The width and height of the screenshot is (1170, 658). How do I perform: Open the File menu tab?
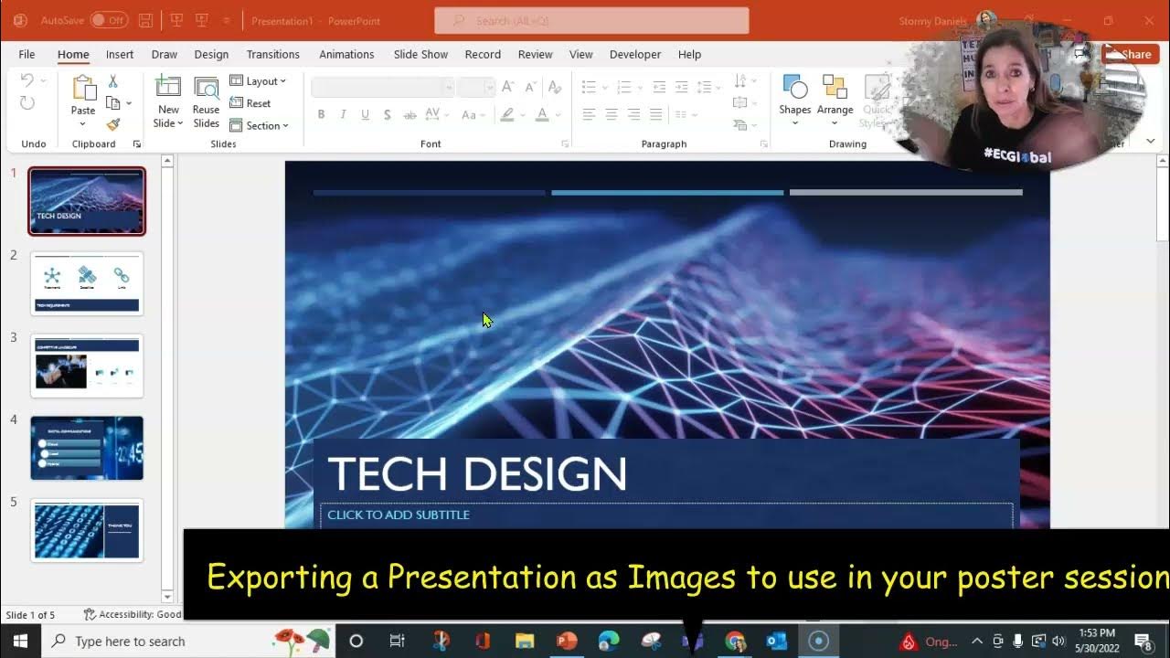[27, 55]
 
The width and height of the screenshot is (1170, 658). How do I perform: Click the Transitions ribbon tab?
[272, 55]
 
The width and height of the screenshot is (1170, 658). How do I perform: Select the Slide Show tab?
[420, 55]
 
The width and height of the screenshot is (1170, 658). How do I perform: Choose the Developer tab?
[634, 55]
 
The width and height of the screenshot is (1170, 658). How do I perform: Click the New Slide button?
[168, 101]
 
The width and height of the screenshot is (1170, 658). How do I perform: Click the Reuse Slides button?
[206, 101]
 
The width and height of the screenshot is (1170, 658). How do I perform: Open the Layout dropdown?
[258, 81]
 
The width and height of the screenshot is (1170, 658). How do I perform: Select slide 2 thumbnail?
[87, 283]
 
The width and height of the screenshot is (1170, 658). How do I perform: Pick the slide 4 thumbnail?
[87, 448]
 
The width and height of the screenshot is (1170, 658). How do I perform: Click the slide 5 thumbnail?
[87, 530]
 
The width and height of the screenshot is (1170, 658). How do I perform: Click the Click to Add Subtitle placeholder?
[399, 515]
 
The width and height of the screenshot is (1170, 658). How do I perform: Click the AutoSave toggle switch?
[109, 20]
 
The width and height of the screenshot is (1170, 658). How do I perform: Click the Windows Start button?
[20, 641]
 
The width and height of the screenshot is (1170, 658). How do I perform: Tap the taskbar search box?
[155, 641]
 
